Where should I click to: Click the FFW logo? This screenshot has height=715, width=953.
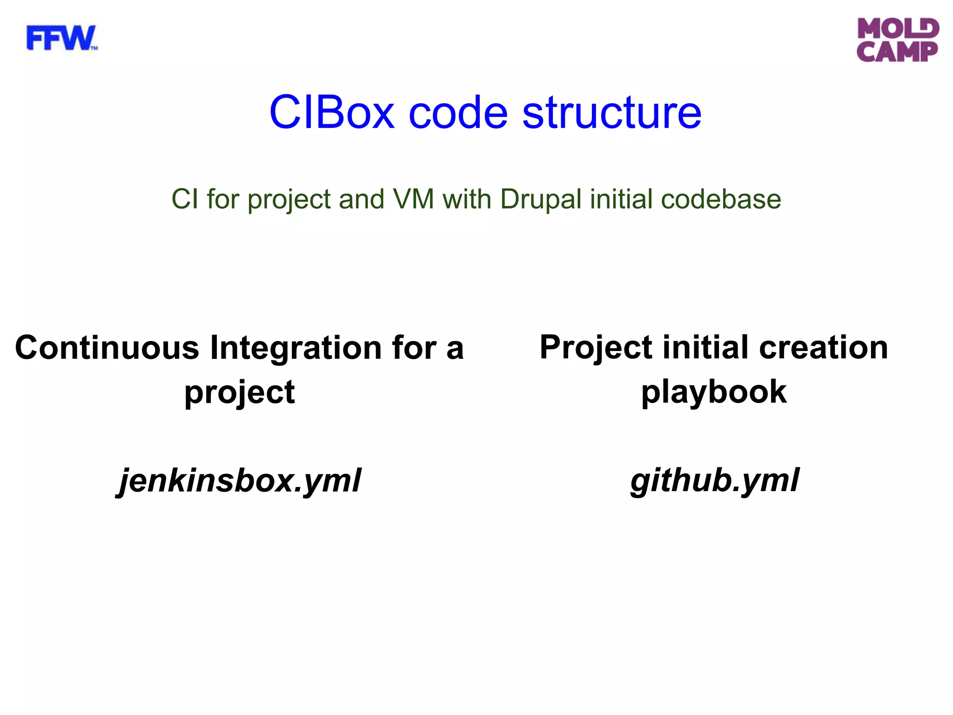(x=60, y=38)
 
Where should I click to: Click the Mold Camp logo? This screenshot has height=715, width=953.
(x=898, y=40)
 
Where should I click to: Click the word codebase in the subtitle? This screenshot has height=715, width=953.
(x=721, y=199)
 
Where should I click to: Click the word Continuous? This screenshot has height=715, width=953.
(x=107, y=348)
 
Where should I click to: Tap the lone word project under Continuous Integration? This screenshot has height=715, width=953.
(x=239, y=392)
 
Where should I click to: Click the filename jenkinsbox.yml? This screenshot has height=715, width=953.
(x=238, y=480)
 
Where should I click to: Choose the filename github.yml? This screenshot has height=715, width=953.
(x=714, y=480)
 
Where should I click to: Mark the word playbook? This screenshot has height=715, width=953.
(x=714, y=392)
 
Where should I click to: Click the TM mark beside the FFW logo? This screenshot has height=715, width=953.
(x=94, y=48)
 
